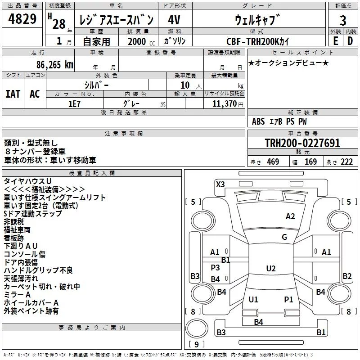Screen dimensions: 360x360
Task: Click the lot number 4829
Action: tap(22, 20)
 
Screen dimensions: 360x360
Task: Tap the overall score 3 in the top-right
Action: tap(343, 20)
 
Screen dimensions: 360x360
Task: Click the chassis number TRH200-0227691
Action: tap(302, 144)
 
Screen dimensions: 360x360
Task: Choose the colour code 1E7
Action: tap(74, 103)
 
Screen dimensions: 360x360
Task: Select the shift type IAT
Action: tap(13, 94)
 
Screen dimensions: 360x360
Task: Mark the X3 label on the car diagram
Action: tap(220, 184)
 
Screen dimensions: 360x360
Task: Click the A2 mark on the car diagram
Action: tap(290, 216)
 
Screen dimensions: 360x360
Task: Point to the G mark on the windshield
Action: tap(284, 237)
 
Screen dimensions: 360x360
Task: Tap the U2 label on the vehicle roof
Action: tap(270, 269)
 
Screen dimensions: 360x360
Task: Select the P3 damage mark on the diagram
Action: tap(215, 268)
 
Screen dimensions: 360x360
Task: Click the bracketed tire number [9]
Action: tap(196, 344)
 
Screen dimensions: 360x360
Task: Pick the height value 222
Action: tap(346, 162)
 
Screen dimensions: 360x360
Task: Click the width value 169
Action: tap(310, 162)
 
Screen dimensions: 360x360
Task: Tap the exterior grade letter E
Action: tap(335, 41)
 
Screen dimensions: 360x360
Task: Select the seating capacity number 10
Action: tap(184, 85)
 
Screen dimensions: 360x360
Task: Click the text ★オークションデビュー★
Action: tap(288, 63)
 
